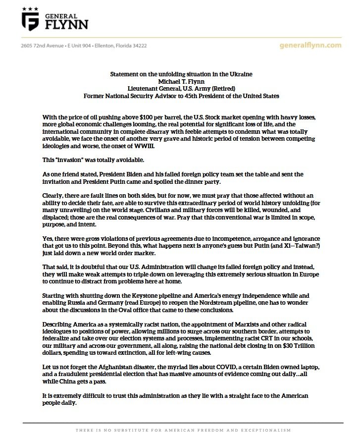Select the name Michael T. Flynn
181,81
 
